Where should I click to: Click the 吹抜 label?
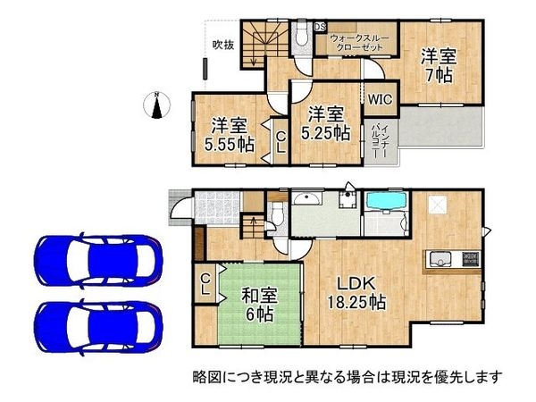222,45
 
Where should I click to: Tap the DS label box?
319,26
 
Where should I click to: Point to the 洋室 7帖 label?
440,65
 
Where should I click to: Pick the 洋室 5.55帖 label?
229,135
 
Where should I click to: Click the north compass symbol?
157,105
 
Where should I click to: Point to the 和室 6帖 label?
260,301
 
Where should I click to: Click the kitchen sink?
440,261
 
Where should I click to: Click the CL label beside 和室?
205,285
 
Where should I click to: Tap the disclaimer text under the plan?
348,376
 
